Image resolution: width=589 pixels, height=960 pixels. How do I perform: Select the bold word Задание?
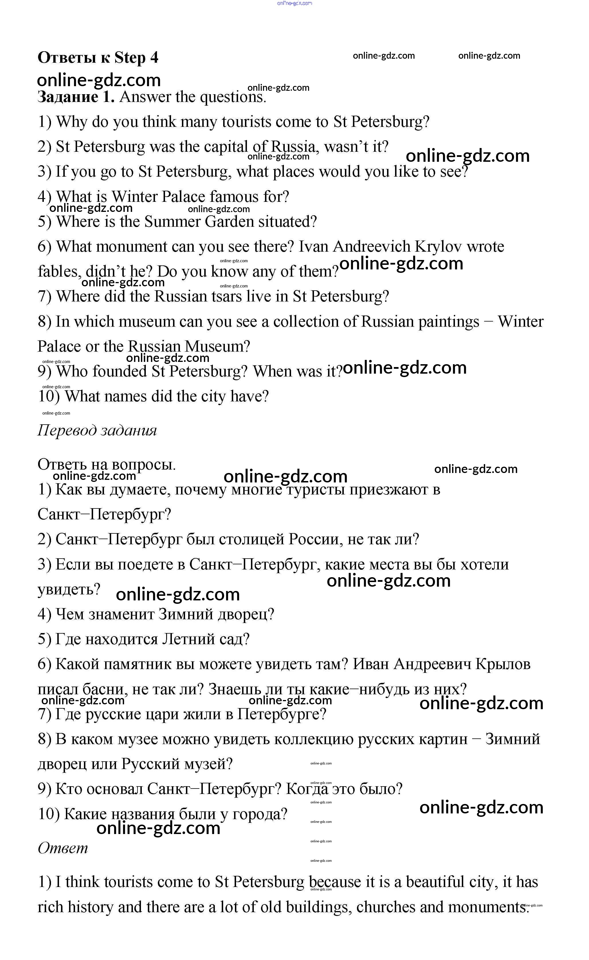pyautogui.click(x=67, y=96)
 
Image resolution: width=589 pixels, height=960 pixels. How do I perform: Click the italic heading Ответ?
pyautogui.click(x=63, y=848)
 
